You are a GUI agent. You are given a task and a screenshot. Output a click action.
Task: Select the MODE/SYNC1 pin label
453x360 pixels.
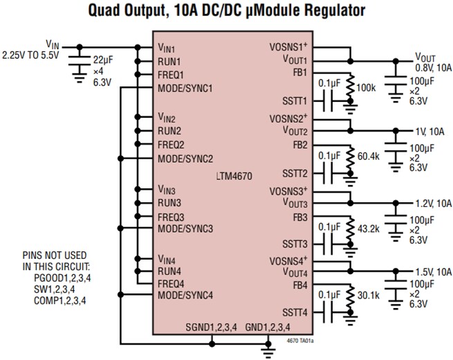[x=185, y=89]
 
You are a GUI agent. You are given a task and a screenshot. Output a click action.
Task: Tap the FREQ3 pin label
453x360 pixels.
[x=170, y=216]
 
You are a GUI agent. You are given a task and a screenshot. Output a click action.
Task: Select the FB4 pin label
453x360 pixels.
[x=300, y=285]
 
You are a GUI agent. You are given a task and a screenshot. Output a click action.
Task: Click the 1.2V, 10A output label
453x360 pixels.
[x=434, y=203]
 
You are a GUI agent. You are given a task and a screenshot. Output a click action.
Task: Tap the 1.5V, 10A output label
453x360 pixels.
[x=434, y=273]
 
